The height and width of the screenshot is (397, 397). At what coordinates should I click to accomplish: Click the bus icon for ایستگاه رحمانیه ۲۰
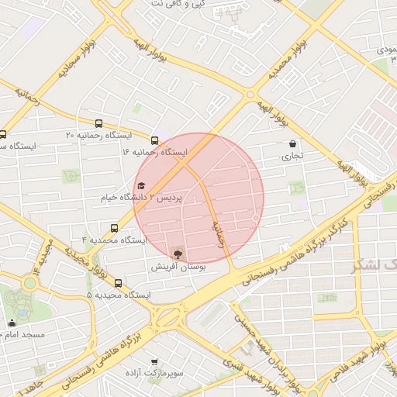click(x=98, y=123)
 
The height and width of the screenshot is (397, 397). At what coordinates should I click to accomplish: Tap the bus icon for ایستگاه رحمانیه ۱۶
click(x=155, y=140)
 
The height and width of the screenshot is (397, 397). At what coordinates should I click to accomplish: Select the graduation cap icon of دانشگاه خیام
click(x=141, y=185)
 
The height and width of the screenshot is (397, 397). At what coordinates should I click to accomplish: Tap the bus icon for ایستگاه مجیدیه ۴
click(x=115, y=228)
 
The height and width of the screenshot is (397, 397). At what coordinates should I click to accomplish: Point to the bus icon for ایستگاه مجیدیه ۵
click(x=118, y=283)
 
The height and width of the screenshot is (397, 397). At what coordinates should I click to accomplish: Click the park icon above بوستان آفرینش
click(x=179, y=254)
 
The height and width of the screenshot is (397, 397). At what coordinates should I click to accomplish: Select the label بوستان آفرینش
click(x=179, y=266)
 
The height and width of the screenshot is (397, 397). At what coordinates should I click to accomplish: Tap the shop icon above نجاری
click(x=292, y=143)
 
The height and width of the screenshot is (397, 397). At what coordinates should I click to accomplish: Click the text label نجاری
click(x=292, y=156)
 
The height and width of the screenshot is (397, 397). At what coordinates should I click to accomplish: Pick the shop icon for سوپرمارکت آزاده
click(x=156, y=361)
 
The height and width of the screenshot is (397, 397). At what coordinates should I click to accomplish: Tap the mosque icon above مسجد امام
click(x=12, y=323)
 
